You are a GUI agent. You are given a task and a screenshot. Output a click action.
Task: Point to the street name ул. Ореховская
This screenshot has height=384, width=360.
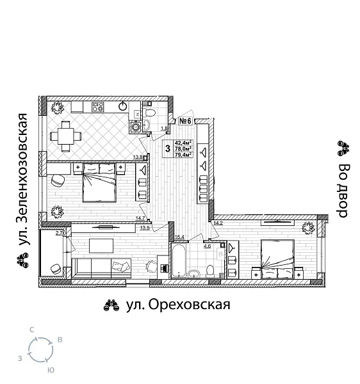click(x=177, y=305)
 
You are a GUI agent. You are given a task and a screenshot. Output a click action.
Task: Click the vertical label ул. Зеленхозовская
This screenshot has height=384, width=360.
click(x=23, y=180)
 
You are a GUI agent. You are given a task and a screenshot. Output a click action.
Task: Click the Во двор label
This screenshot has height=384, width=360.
click(x=343, y=191)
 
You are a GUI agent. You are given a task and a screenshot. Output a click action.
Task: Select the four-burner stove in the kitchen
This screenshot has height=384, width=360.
click(x=98, y=107)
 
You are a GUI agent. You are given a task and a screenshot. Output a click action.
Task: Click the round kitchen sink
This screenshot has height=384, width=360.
click(x=123, y=106)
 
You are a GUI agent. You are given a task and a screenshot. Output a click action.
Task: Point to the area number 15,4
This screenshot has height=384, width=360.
click(x=179, y=237)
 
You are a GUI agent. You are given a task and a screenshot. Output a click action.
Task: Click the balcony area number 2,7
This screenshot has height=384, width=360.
click(x=60, y=234)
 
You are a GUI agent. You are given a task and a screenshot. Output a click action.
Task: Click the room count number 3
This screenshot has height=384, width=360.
click(x=167, y=148)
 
